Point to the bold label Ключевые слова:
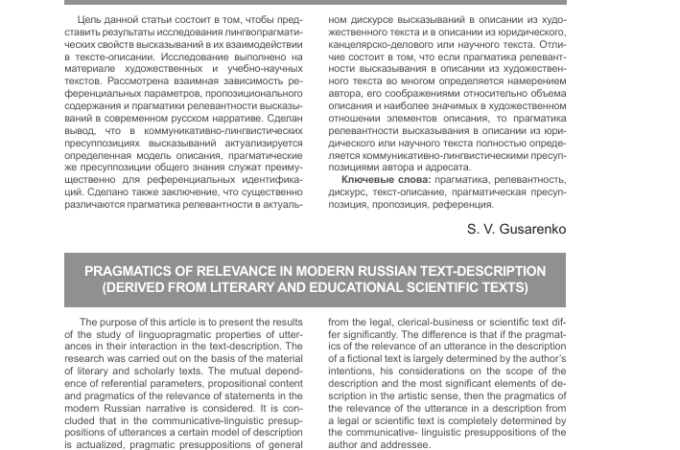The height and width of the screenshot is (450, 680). point(386,179)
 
